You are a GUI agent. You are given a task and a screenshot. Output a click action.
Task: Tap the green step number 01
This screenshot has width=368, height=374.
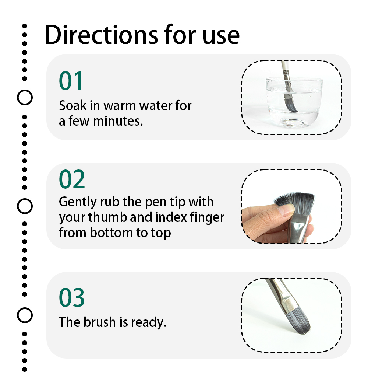tap(71, 81)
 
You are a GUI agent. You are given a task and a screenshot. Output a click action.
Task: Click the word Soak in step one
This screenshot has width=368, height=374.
tap(73, 105)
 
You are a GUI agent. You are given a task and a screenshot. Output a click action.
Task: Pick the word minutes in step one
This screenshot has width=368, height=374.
tap(118, 121)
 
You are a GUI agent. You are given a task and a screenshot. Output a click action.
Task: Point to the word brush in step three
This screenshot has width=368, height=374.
tap(100, 322)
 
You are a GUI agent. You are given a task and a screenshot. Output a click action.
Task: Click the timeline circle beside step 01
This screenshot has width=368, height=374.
tap(25, 98)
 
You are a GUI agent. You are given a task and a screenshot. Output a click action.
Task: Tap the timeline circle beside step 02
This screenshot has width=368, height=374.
tap(25, 206)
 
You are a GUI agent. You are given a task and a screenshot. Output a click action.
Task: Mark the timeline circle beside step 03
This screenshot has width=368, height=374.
tap(25, 315)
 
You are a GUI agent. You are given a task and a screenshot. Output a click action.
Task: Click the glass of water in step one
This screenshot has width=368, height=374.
tap(294, 102)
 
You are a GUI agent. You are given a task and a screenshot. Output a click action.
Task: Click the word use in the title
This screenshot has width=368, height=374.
tap(221, 36)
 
